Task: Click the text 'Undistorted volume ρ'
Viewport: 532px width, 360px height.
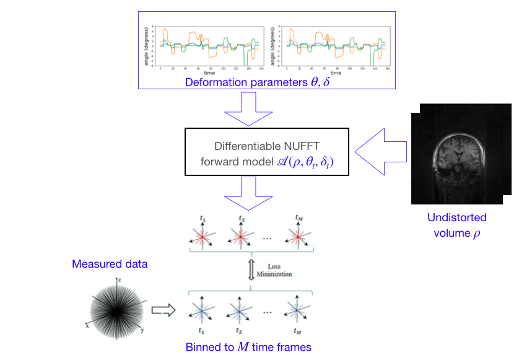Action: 456,226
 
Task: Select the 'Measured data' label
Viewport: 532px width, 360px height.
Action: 110,264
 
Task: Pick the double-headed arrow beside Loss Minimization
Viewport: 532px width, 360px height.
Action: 251,271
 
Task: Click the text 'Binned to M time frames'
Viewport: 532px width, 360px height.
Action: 248,346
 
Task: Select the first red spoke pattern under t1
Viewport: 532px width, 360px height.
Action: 202,238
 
